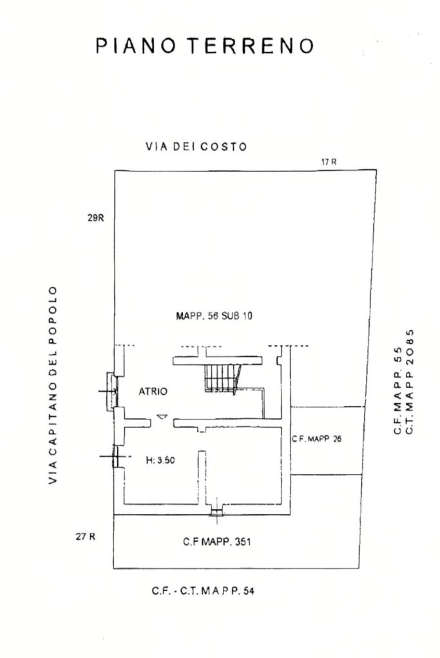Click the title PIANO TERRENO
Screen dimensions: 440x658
(206, 46)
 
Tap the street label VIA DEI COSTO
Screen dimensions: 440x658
(196, 147)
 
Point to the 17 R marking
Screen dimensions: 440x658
(329, 162)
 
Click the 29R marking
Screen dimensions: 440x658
(95, 218)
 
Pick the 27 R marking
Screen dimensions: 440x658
(85, 536)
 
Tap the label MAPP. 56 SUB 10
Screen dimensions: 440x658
(214, 316)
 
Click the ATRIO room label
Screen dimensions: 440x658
(153, 391)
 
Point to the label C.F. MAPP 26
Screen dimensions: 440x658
(316, 439)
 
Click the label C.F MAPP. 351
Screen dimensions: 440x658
(217, 542)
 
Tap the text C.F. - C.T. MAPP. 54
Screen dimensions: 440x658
(203, 590)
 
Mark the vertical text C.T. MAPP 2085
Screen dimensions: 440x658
(410, 381)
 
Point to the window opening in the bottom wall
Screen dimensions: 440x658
(216, 512)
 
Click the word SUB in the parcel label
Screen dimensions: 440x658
(229, 316)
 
